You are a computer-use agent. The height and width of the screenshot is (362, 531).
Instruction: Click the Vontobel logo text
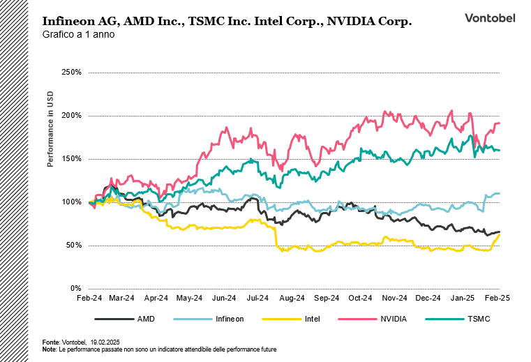pyautogui.click(x=490, y=18)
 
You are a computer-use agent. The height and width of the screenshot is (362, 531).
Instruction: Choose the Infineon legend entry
pyautogui.click(x=229, y=319)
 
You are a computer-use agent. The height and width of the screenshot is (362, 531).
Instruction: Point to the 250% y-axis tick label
pyautogui.click(x=73, y=72)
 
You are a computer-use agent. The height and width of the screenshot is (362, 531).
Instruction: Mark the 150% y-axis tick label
pyautogui.click(x=73, y=158)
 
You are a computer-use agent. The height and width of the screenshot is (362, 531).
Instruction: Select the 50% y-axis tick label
pyautogui.click(x=75, y=245)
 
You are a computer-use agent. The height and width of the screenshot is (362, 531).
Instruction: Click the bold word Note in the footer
pyautogui.click(x=49, y=349)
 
